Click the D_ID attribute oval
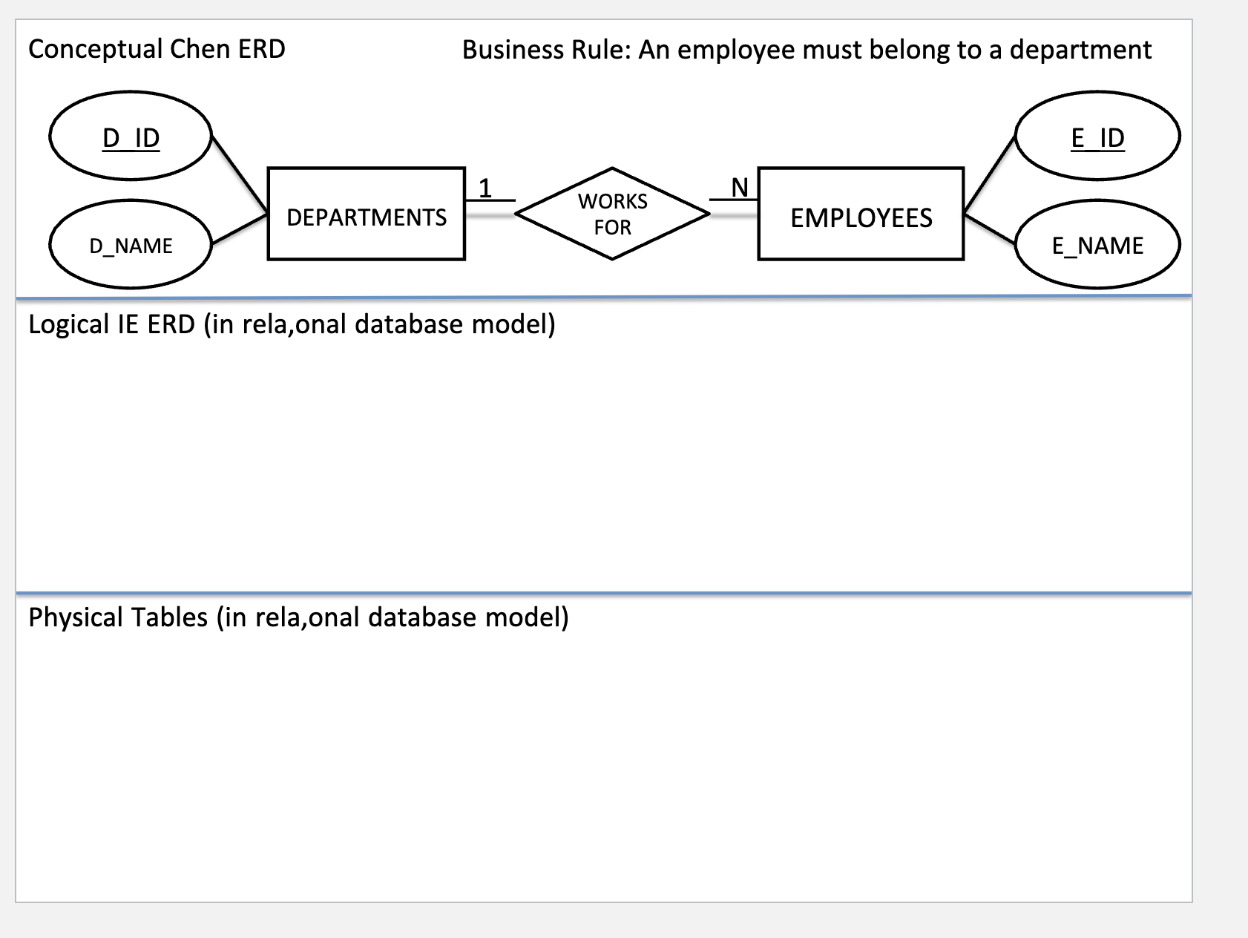[x=131, y=137]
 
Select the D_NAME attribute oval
[x=131, y=245]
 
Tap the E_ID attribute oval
[x=1097, y=137]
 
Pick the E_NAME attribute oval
[x=1097, y=245]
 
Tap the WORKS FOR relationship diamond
[x=612, y=214]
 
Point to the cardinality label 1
[x=485, y=188]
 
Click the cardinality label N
[x=740, y=188]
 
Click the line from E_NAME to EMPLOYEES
[x=990, y=228]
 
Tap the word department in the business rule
[x=1080, y=50]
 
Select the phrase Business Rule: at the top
[x=545, y=50]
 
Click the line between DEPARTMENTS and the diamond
[x=490, y=215]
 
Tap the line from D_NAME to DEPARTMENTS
[x=240, y=229]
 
